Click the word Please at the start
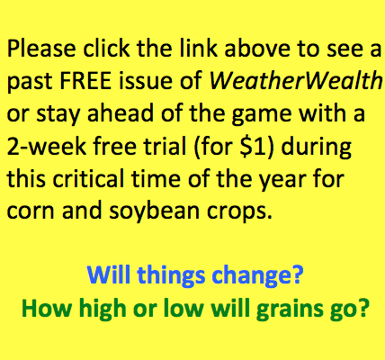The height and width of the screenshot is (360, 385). click(x=41, y=49)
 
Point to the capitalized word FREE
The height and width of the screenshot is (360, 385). click(x=85, y=81)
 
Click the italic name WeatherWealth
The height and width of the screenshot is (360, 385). click(x=295, y=80)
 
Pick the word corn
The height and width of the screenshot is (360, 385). click(x=31, y=211)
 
